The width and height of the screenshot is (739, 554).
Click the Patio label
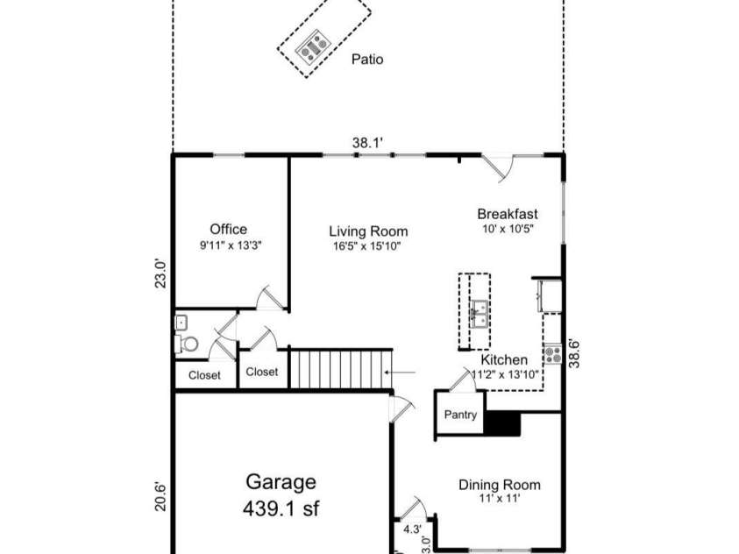coord(367,60)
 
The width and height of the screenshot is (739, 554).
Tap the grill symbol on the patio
coord(313,46)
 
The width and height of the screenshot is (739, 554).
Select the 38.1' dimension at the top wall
coord(368,142)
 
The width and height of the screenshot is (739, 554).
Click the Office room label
coord(229,230)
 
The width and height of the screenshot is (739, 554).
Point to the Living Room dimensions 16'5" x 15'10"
coord(367,246)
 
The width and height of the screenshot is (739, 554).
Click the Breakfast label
coord(508,214)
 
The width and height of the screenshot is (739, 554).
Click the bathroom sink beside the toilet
coord(181,323)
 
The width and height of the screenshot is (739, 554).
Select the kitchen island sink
coord(480,314)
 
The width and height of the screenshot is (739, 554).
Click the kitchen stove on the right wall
coord(553,354)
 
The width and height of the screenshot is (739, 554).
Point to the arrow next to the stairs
coord(400,373)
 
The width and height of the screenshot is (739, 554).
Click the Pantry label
coord(460,415)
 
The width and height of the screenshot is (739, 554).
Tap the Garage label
coord(281,482)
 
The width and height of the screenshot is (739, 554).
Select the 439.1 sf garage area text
coord(281,508)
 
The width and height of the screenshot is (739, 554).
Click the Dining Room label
coord(500,485)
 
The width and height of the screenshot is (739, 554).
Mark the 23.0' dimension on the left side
coord(161,273)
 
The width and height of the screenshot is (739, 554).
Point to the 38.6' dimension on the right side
coord(574,353)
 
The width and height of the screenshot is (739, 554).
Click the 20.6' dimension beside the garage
coord(160,496)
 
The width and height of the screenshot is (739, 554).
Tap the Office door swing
coord(268,297)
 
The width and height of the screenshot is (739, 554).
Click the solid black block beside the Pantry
coord(502,423)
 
